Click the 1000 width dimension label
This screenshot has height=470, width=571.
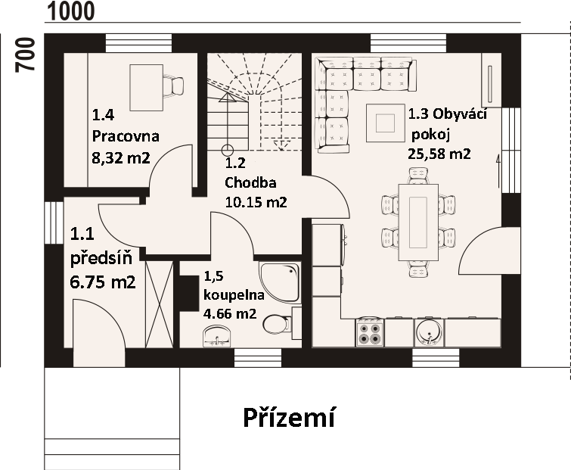(71, 11)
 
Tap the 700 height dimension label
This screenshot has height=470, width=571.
(25, 54)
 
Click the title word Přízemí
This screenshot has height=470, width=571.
(289, 418)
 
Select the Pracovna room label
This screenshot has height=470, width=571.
(126, 136)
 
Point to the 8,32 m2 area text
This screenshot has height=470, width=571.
(121, 158)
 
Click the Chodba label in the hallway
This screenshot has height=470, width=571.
(250, 182)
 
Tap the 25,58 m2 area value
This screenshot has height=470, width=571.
(439, 154)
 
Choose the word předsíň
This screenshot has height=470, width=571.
(101, 258)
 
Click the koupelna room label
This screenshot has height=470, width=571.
(234, 294)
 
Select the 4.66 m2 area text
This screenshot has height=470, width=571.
(230, 313)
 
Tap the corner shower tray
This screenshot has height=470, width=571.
(281, 282)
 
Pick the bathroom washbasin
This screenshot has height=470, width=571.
(217, 336)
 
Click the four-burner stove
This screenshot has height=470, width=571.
(370, 333)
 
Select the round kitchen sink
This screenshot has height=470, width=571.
(429, 333)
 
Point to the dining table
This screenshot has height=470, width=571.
(418, 223)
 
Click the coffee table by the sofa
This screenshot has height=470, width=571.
(385, 123)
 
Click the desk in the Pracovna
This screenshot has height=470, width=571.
(147, 88)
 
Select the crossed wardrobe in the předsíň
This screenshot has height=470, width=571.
(159, 304)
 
